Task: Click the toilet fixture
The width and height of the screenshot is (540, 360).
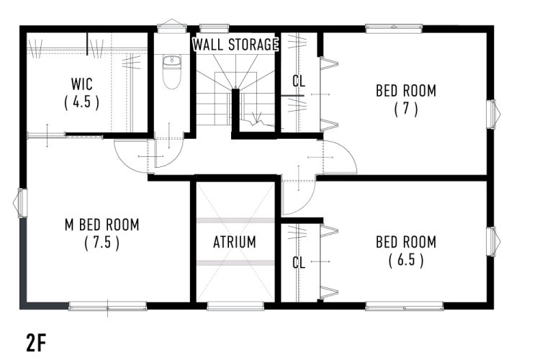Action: pos(171,72)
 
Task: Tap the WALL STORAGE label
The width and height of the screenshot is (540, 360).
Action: pos(235,45)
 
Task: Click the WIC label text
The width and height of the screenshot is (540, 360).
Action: pos(81,84)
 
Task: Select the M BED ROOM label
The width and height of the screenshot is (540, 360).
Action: pos(102,225)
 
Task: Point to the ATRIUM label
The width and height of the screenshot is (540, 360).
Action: pos(235,242)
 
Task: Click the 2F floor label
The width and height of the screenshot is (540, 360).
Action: pos(36,343)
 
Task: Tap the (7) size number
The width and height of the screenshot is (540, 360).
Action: pos(406,109)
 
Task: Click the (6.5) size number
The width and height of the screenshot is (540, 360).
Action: pos(406,260)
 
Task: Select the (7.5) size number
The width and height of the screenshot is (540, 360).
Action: pos(102,243)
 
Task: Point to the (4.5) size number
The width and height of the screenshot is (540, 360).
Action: pos(81,102)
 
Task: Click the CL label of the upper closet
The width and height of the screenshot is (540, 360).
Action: pos(299,81)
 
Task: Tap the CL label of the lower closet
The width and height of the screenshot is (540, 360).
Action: pos(299,263)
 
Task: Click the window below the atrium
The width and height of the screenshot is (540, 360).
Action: pos(235,305)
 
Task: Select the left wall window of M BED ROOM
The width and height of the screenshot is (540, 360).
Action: pos(21,203)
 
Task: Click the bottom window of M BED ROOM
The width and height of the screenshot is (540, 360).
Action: pos(107,305)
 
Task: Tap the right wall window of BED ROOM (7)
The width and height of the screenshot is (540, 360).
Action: pos(492,114)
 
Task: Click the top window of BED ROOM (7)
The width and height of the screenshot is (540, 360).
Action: pos(394,29)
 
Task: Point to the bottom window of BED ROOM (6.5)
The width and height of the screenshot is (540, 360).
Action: pos(405,305)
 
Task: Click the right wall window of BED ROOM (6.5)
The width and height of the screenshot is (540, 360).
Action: pos(492,241)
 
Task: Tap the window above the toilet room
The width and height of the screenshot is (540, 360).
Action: pos(172,27)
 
